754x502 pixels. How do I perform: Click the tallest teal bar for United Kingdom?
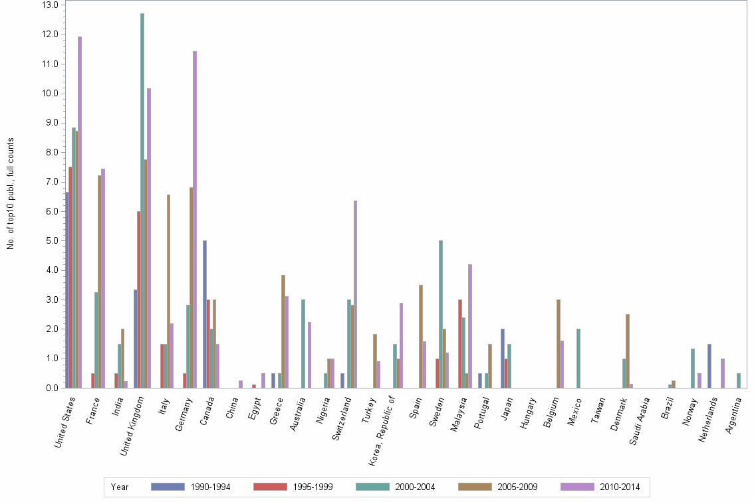click(142, 199)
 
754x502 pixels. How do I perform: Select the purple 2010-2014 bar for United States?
click(80, 212)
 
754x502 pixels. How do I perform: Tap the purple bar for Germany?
click(195, 219)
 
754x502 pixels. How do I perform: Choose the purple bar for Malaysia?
click(470, 326)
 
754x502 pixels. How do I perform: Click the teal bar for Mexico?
click(578, 359)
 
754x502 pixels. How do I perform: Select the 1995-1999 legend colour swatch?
click(271, 487)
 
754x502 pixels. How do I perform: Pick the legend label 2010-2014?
click(620, 487)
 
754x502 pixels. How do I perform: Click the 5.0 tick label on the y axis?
click(51, 240)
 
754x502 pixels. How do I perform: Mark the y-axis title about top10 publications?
click(11, 194)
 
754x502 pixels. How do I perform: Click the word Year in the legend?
click(120, 487)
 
